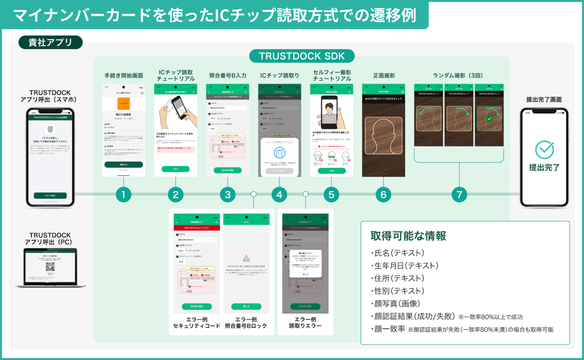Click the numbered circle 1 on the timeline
tap(123, 194)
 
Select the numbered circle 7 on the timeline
tap(460, 194)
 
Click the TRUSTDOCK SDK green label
tap(302, 56)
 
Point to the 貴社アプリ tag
tap(46, 42)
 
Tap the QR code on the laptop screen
tap(50, 266)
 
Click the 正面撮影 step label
tap(384, 75)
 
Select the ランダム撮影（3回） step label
tap(459, 75)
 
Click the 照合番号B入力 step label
tap(228, 75)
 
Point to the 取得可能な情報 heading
tap(408, 236)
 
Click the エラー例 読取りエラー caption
tap(305, 322)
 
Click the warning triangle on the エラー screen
tap(246, 258)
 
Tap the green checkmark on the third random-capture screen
tap(489, 119)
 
